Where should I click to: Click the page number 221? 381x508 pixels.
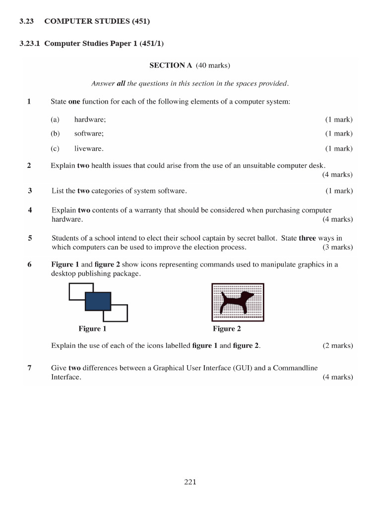(190, 482)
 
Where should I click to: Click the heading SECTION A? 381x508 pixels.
(170, 65)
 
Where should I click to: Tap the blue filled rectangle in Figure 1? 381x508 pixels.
(98, 301)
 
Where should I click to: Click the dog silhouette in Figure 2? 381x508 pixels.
(237, 302)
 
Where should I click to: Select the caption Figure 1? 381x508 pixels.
(92, 328)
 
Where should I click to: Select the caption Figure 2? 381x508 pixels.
(227, 328)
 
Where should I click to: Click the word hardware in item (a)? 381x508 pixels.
(90, 120)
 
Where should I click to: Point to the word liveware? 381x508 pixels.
(89, 148)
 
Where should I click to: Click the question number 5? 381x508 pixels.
(30, 238)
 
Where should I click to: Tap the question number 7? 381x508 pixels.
(30, 368)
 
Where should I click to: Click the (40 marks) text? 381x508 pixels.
(213, 65)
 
